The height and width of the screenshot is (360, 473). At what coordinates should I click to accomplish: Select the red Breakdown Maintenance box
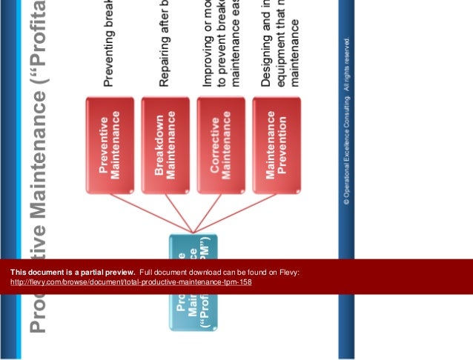(x=165, y=145)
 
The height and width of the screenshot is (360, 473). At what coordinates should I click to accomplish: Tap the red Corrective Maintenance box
(x=221, y=145)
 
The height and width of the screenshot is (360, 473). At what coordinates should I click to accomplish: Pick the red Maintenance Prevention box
(x=277, y=145)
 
